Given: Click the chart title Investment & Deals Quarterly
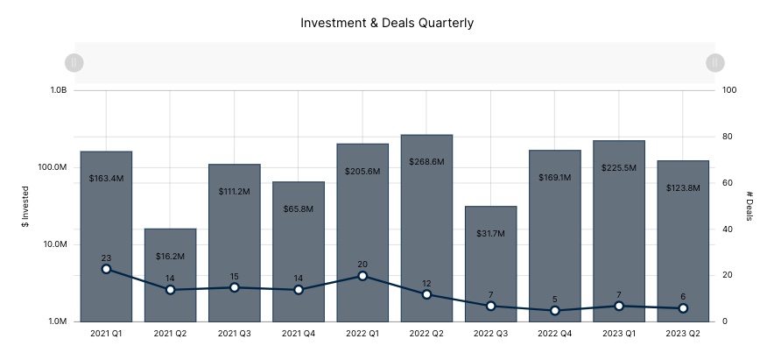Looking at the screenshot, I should tap(387, 23).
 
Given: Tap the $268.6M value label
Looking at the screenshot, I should tap(426, 162).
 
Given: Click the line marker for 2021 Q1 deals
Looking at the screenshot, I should tap(106, 269).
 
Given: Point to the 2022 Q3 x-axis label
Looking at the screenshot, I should tap(490, 334).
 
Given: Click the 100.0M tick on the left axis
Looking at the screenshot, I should tap(55, 167).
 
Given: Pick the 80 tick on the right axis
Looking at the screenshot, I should tap(728, 137).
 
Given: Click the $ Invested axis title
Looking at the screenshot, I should tap(25, 206).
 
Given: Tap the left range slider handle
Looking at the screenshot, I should tap(74, 62).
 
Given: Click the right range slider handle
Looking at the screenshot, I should tap(715, 62).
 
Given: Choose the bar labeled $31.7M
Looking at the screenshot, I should tap(490, 263).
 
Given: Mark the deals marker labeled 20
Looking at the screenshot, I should tap(362, 276).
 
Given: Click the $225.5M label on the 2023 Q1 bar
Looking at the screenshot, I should tap(619, 167).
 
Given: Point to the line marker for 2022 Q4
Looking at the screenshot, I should tap(555, 310).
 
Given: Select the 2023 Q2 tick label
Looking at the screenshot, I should tap(683, 334).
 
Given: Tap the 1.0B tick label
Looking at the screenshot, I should tap(58, 90).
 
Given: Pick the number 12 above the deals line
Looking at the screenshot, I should tap(426, 283).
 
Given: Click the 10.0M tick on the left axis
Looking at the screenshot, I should tap(56, 244).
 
